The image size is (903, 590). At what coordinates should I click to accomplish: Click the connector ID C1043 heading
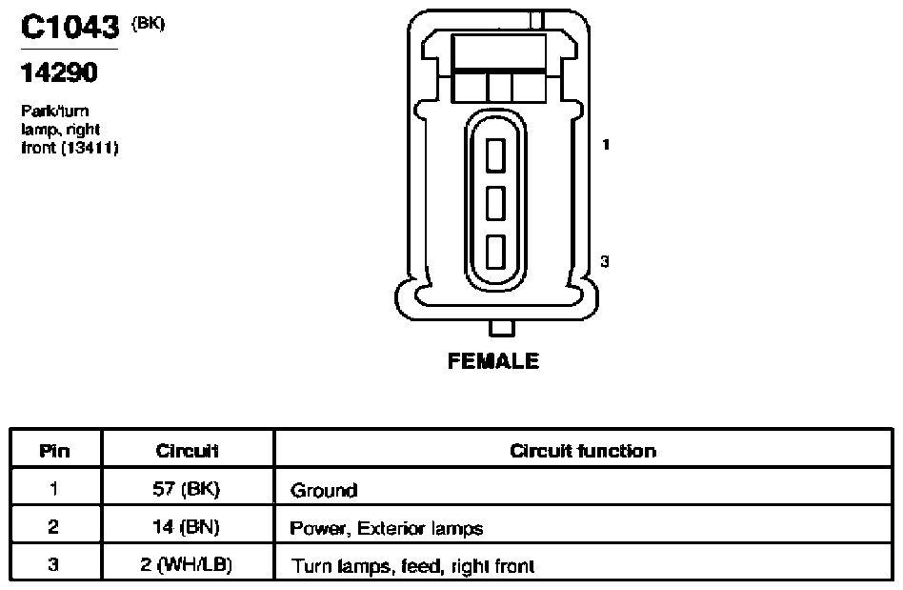coord(70,27)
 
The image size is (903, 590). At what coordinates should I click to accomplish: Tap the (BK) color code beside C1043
coord(149,24)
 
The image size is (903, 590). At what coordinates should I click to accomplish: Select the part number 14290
coord(59,73)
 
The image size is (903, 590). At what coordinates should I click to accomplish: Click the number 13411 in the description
coord(90,148)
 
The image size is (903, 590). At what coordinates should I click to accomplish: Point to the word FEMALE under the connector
coord(493,361)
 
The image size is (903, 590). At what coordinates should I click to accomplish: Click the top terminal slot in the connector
coord(496,155)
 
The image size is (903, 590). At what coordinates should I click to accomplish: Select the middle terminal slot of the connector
coord(496,203)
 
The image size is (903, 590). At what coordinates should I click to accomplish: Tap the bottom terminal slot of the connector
coord(496,252)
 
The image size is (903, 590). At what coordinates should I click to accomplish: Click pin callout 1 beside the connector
coord(606,144)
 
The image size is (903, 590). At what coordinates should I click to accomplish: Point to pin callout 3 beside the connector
coord(605,261)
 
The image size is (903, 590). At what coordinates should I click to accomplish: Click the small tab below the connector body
coord(502,328)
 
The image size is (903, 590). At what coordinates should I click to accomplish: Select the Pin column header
coord(54,451)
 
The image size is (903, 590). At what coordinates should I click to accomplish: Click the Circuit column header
coord(187,451)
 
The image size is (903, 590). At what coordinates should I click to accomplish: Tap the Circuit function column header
coord(583,451)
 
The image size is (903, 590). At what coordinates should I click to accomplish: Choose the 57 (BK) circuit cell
coord(186,489)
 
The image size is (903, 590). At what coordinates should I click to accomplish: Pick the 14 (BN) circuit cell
coord(186,527)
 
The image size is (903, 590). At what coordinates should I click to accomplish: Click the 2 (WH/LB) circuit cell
coord(186,564)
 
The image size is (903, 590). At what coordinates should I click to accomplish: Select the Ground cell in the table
coord(324,490)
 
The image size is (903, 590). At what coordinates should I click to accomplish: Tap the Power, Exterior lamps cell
coord(387,528)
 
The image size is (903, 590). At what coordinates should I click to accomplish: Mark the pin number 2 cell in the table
coord(53,527)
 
